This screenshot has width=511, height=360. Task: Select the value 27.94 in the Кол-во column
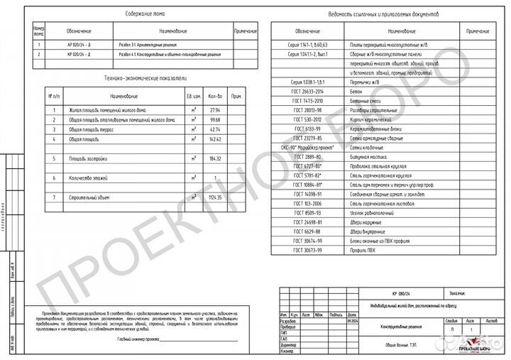pos(216,110)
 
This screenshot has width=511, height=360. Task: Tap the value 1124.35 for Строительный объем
pos(216,197)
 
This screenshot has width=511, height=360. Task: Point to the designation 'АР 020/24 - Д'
pos(79,44)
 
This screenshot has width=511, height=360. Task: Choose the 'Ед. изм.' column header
pos(192,95)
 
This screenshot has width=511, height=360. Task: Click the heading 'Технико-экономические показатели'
pos(145,80)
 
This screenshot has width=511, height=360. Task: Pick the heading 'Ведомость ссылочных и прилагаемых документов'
pos(384,13)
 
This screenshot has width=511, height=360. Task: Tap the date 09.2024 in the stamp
pos(351,320)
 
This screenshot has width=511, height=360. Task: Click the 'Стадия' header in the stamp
pos(451,320)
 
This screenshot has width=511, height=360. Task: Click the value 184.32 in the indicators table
pos(216,159)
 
